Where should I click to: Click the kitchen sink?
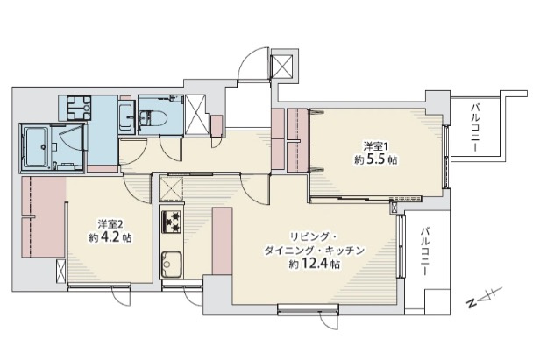(x=170, y=261)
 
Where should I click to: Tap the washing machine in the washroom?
(x=75, y=108)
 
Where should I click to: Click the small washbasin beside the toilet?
(x=125, y=115)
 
